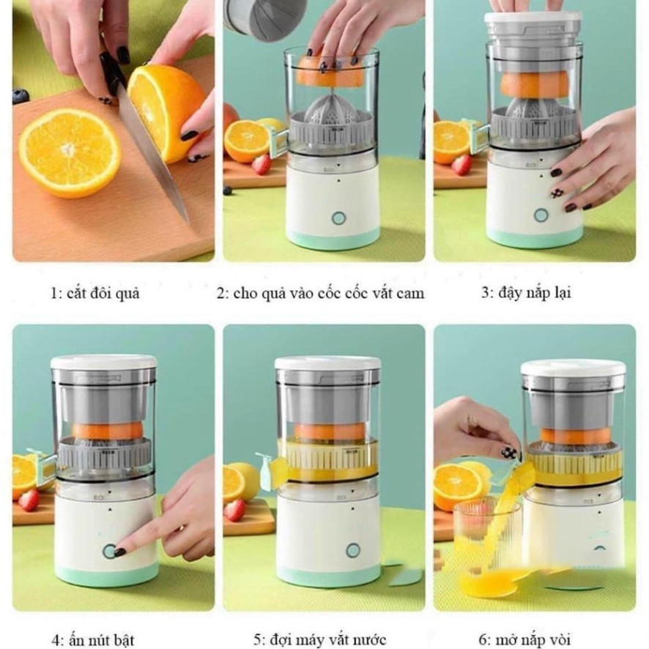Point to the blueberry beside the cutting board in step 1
(x=21, y=96)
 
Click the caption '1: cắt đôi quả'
(x=95, y=294)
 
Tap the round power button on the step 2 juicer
(x=338, y=218)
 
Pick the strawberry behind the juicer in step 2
(x=262, y=164)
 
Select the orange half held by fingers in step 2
(x=329, y=72)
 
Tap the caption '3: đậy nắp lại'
(x=525, y=293)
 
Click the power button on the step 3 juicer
(x=541, y=215)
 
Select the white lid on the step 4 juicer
(x=103, y=362)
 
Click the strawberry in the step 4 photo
(x=29, y=500)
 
